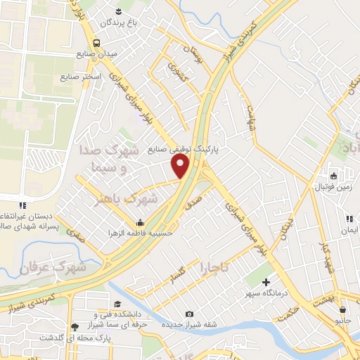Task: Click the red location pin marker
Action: (x=181, y=166)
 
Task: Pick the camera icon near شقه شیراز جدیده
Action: (x=188, y=314)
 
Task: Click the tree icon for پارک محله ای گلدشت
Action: (x=75, y=326)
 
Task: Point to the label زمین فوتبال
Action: (x=333, y=187)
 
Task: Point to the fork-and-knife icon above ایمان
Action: (x=349, y=219)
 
